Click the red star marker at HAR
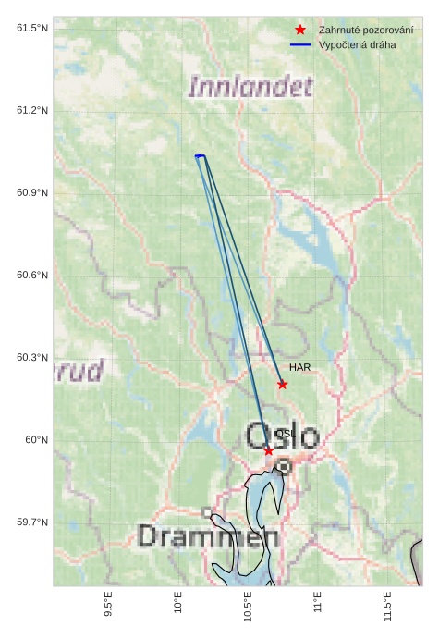click(x=283, y=384)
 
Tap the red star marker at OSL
click(x=268, y=450)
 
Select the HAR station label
click(x=299, y=367)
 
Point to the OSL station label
click(x=285, y=434)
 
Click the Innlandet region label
click(x=250, y=88)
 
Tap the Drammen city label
click(x=209, y=535)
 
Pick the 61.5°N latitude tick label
click(x=32, y=29)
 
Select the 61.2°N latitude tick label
click(x=32, y=111)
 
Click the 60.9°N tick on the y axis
click(x=32, y=193)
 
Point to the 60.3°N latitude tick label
click(x=32, y=358)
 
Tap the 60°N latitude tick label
click(x=37, y=440)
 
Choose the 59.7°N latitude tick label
click(x=32, y=522)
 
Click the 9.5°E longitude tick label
click(x=108, y=606)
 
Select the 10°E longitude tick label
click(x=178, y=604)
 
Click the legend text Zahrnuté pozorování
click(x=366, y=30)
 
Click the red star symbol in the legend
click(x=300, y=30)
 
